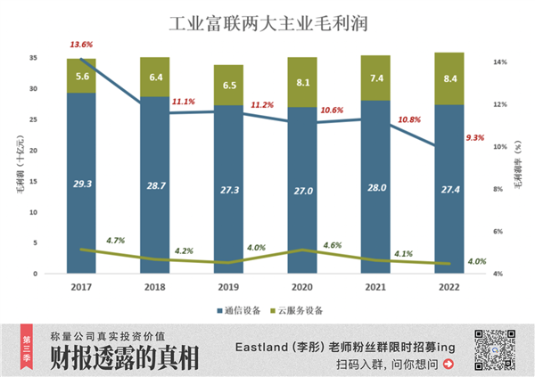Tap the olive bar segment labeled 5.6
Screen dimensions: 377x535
[81, 76]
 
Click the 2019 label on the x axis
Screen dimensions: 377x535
[229, 288]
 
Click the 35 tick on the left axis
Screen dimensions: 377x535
[33, 58]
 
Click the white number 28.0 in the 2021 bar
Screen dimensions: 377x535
[376, 189]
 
